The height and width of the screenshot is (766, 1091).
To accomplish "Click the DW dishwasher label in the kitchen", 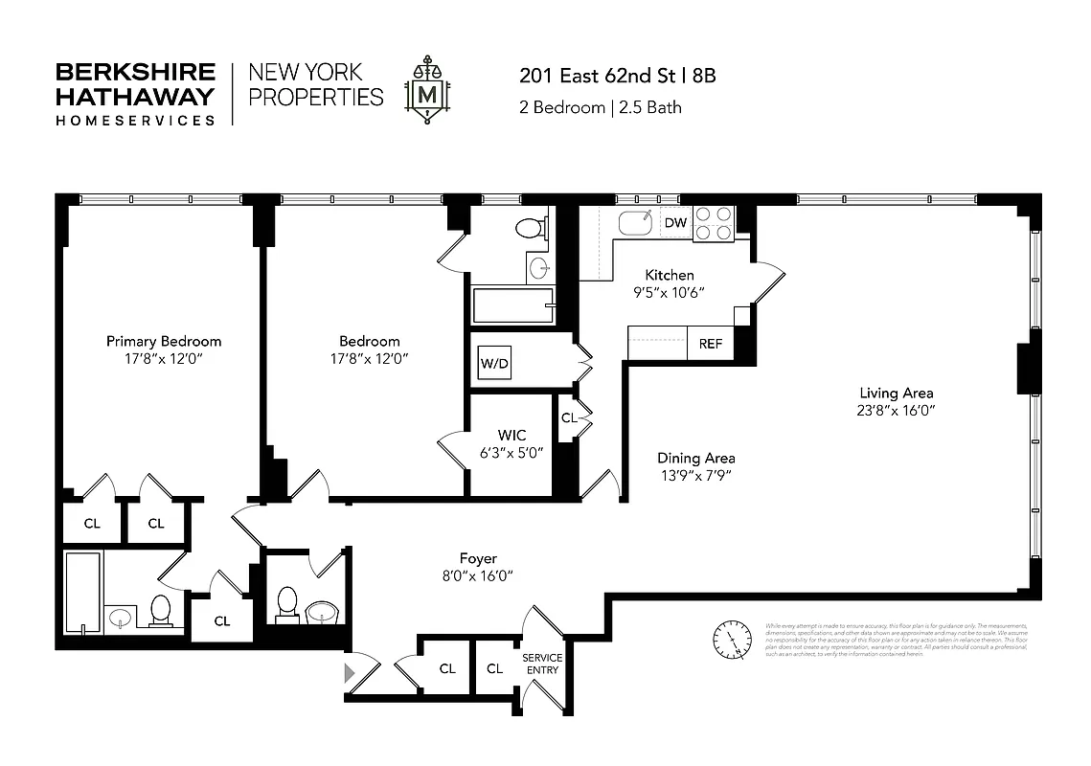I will tap(675, 223).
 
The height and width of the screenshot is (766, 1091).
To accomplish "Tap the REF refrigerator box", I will tap(710, 344).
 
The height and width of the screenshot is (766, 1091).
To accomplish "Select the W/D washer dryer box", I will tap(495, 363).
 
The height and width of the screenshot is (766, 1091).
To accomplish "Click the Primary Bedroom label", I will tap(164, 341).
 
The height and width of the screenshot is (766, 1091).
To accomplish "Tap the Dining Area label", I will tap(695, 458).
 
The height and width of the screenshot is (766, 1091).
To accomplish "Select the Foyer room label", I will tap(478, 558).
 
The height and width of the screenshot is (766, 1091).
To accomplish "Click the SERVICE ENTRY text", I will tap(541, 664).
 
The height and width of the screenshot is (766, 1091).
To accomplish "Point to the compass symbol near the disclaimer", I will tap(733, 637).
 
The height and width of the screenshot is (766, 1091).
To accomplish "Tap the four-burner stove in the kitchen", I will tap(714, 223).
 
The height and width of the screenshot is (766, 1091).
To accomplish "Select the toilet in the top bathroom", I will tap(528, 228).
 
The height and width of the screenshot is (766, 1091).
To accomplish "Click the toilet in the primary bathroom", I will tap(160, 609).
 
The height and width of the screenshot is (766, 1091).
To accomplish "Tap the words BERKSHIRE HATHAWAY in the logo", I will tap(135, 84).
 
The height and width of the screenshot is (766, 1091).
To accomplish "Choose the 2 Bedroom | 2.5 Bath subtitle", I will tap(601, 107).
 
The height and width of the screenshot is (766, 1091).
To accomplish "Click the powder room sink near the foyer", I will tap(319, 610).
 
